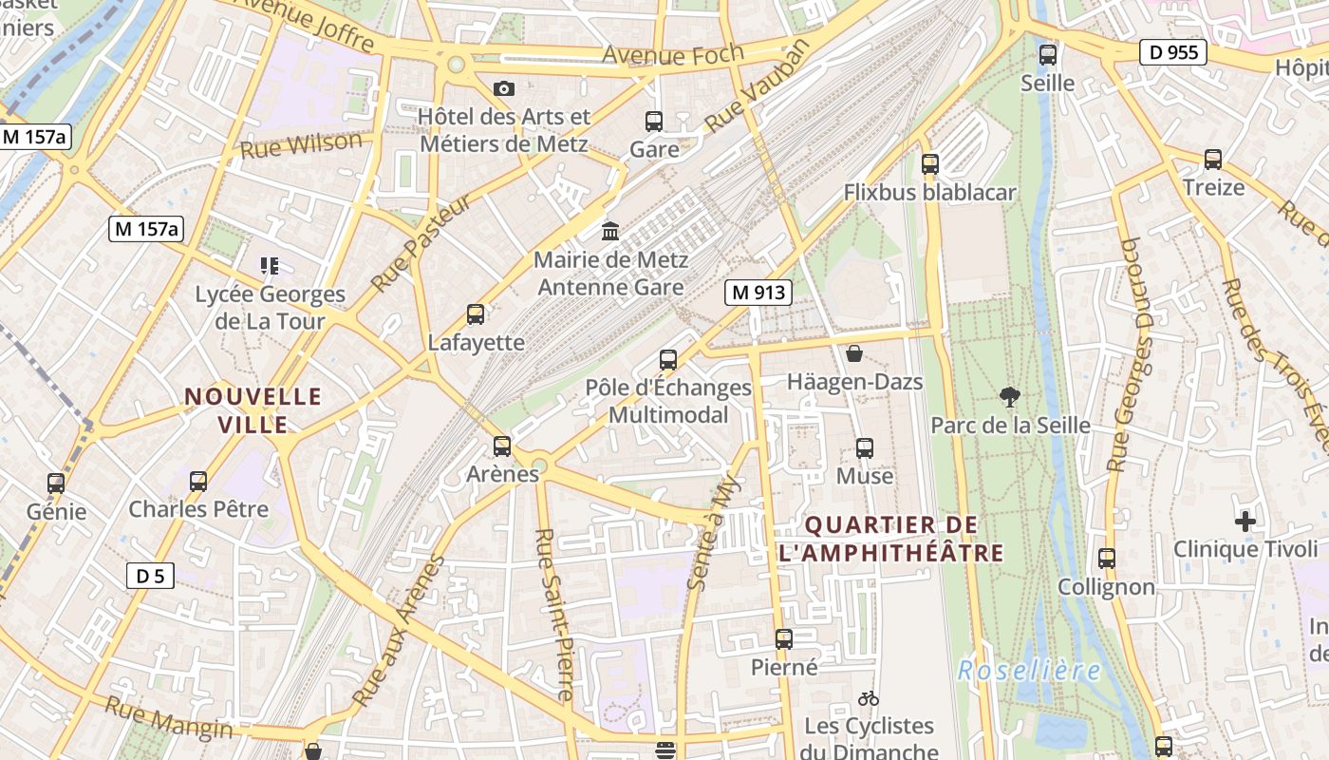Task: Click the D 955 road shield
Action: (1173, 52)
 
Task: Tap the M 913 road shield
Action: (758, 293)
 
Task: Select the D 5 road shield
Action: (150, 575)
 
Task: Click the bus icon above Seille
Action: (1048, 55)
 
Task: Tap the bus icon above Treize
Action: (1213, 160)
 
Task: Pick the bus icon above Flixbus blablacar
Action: (930, 164)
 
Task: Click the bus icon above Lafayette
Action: (476, 314)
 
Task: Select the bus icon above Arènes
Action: (502, 446)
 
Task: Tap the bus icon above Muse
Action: (865, 448)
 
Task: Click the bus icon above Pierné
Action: (784, 639)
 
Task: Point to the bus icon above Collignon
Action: (1107, 559)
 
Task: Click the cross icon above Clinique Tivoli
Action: (1245, 521)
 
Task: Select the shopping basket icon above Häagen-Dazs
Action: (854, 354)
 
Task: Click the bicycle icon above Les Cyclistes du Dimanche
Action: (868, 698)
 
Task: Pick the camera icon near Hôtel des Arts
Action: (504, 89)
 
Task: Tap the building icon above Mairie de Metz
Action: (610, 231)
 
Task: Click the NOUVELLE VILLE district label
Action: (253, 410)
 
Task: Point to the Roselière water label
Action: (1029, 671)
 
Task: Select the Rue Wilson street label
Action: (301, 145)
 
